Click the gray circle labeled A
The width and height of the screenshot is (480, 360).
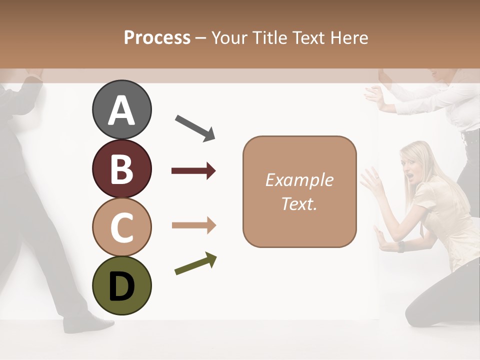pyautogui.click(x=121, y=109)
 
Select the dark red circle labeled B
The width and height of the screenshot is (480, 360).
pyautogui.click(x=121, y=168)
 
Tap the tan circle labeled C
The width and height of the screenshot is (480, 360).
pyautogui.click(x=121, y=227)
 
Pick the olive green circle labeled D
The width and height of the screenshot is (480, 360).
pyautogui.click(x=121, y=285)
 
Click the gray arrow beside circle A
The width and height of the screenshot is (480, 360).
pyautogui.click(x=195, y=127)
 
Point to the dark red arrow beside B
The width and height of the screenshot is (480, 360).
pyautogui.click(x=193, y=171)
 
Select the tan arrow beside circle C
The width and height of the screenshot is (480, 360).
pyautogui.click(x=193, y=225)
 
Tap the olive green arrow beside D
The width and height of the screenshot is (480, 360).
pyautogui.click(x=195, y=264)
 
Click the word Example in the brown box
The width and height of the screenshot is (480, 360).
pyautogui.click(x=299, y=180)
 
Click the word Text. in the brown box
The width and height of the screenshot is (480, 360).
pyautogui.click(x=299, y=203)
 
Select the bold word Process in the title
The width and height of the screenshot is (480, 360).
pyautogui.click(x=157, y=37)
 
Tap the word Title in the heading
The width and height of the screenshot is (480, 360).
pyautogui.click(x=268, y=37)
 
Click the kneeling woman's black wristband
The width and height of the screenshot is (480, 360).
pyautogui.click(x=400, y=246)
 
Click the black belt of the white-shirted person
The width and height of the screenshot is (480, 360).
pyautogui.click(x=469, y=135)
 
